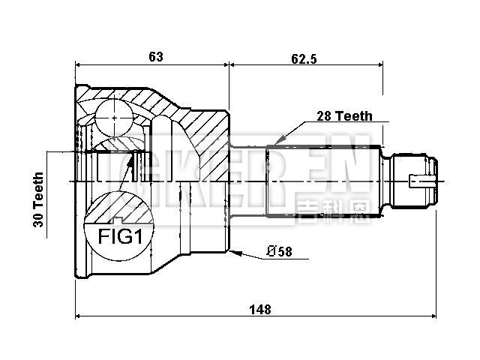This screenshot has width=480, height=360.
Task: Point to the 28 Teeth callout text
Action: coord(343,116)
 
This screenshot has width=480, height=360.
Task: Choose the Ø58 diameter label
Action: coord(279,252)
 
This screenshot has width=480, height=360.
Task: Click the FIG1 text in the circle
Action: coord(120,238)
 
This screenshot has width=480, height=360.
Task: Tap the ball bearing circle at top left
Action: coord(112,118)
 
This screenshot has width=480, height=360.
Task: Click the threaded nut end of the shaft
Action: coord(417,180)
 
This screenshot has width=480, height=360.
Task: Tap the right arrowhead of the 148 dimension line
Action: coord(436,316)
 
